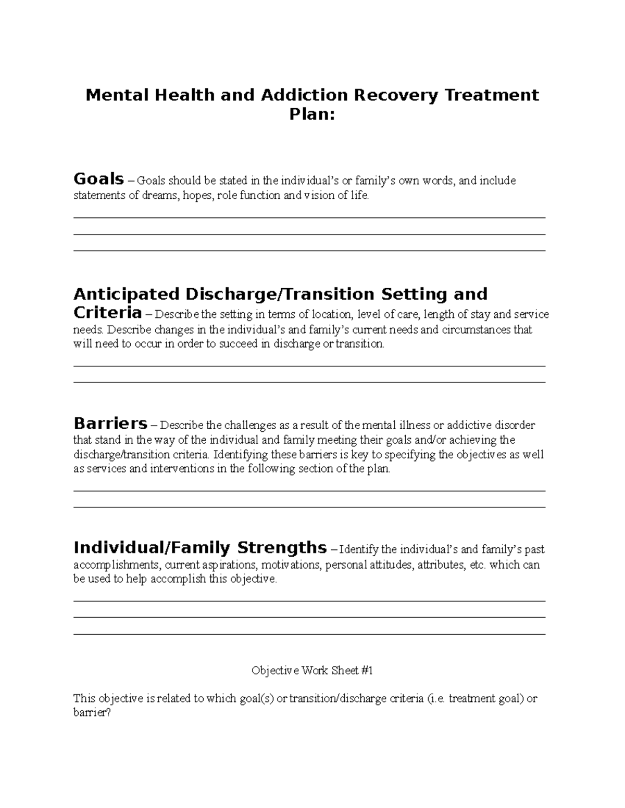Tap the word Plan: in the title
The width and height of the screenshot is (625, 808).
(312, 114)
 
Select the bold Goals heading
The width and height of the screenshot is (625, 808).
(98, 179)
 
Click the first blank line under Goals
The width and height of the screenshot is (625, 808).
(309, 217)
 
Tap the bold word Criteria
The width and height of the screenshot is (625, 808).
(107, 313)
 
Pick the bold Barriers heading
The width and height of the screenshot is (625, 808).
(110, 422)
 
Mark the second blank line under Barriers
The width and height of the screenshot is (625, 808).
(309, 507)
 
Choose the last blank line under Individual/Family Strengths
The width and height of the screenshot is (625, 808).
(309, 634)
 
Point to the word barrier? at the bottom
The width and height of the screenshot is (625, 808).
(92, 713)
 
